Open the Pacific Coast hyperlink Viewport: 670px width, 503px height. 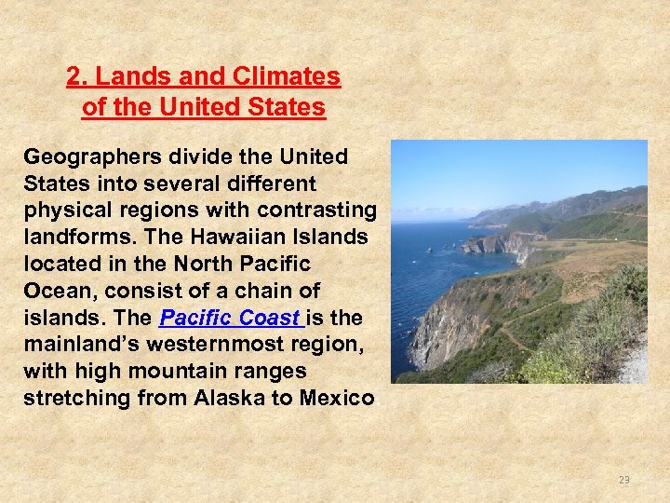(232, 319)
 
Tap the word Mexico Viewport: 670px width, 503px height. (337, 399)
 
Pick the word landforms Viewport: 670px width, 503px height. (71, 238)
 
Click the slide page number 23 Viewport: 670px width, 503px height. (623, 480)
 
